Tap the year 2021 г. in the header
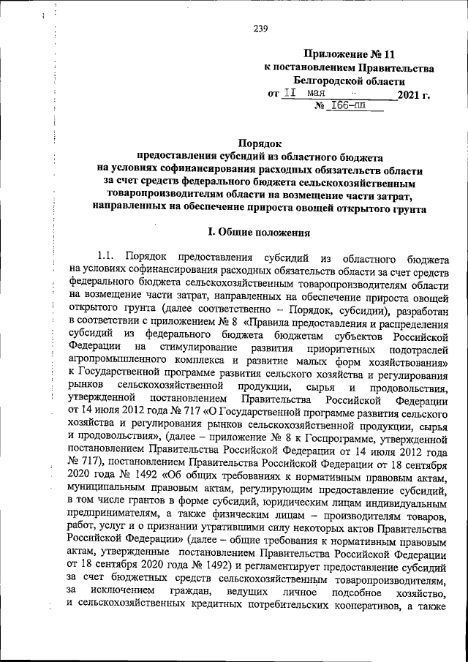tap(414, 95)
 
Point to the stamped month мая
tap(317, 94)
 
